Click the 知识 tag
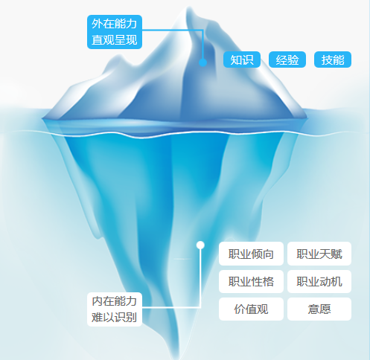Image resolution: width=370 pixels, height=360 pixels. (x=242, y=60)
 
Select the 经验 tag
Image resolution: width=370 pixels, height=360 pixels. (x=287, y=60)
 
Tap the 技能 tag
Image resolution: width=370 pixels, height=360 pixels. (x=333, y=60)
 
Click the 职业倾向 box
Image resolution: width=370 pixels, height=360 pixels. (x=251, y=254)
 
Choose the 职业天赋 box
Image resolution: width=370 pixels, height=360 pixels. (x=319, y=254)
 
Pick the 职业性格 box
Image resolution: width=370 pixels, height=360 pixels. (x=251, y=281)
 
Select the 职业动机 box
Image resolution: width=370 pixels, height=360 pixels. (x=319, y=281)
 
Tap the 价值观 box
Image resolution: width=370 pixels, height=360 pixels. (x=251, y=309)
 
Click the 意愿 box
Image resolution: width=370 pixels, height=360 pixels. (x=319, y=309)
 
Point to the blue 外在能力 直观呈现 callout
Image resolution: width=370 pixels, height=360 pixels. (x=115, y=32)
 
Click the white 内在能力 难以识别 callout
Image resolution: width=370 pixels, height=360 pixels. (x=115, y=309)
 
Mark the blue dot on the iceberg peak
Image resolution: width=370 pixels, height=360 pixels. (x=202, y=62)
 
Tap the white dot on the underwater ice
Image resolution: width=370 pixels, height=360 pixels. (x=200, y=245)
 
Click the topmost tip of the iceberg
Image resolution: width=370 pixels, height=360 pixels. (x=189, y=7)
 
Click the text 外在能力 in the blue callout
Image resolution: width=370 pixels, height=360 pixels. (x=115, y=24)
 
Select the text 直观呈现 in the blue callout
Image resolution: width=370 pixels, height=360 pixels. (x=115, y=40)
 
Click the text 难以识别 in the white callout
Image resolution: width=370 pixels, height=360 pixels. (x=115, y=317)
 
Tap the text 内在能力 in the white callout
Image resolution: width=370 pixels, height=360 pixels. (x=115, y=301)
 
